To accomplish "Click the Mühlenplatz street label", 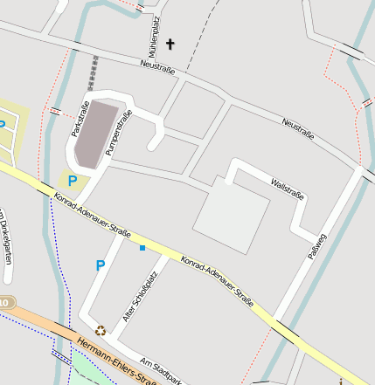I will pos(155,33).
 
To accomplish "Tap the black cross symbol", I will pos(170,44).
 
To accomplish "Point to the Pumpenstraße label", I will pos(119,132).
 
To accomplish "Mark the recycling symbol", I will pos(101,331).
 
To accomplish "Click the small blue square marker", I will pos(142,249).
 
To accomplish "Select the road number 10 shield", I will pos(5,302).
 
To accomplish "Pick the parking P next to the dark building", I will pos(73,182).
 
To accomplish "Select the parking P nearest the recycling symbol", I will pos(101,265).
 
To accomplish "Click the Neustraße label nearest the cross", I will pos(157,66).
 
